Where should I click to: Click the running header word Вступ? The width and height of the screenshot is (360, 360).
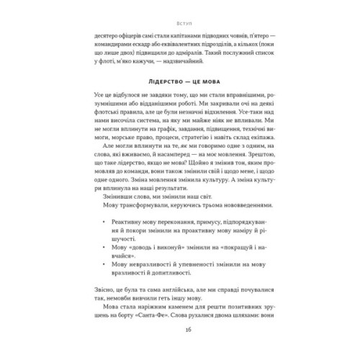179,14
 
